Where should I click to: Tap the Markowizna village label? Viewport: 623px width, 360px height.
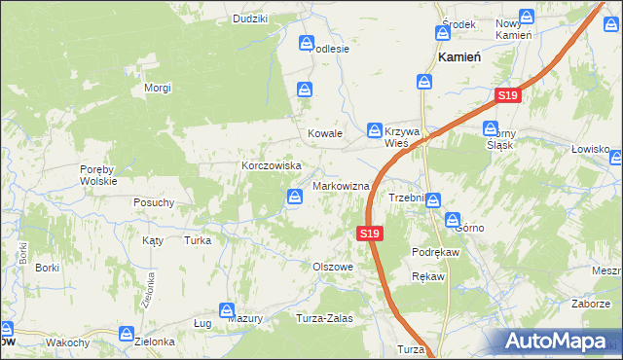[341, 185]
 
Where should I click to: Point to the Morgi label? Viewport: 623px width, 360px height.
[158, 88]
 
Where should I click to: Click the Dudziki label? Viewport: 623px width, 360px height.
[250, 18]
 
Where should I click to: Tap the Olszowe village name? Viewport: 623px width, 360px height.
[332, 266]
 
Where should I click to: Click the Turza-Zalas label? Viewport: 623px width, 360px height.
[324, 318]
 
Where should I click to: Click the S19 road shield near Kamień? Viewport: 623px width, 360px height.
[507, 95]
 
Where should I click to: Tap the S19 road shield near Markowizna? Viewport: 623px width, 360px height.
[368, 234]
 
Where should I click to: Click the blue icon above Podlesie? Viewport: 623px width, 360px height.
[307, 43]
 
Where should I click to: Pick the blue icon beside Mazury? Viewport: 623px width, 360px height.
[227, 310]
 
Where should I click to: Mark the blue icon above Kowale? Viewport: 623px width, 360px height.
[306, 90]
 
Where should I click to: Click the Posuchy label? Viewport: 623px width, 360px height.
[154, 202]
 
